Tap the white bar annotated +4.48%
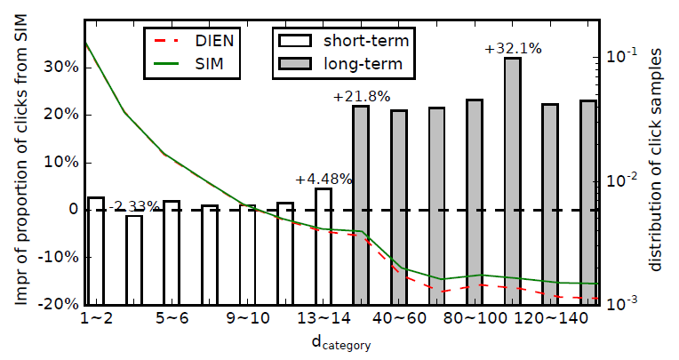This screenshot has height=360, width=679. pyautogui.click(x=323, y=199)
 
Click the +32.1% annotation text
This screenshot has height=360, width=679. pyautogui.click(x=513, y=49)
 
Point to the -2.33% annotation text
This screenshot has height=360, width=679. pyautogui.click(x=135, y=206)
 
